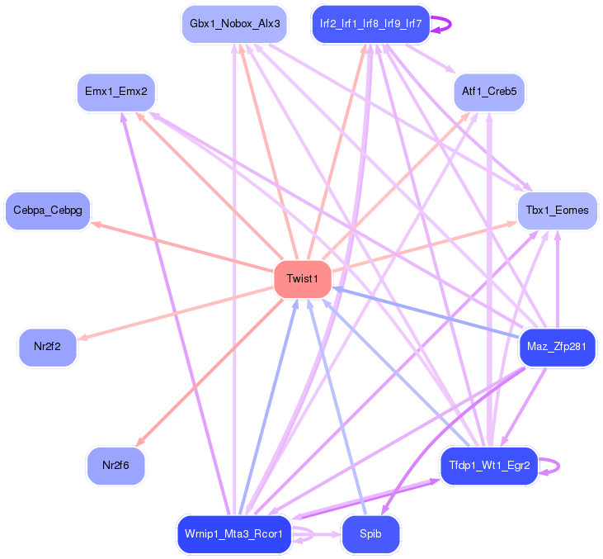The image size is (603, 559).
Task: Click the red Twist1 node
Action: pos(302,279)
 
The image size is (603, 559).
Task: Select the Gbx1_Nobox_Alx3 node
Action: pos(234,24)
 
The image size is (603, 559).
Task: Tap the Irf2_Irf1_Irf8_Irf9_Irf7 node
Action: pos(371,24)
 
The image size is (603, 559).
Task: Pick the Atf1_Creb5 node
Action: pos(489,92)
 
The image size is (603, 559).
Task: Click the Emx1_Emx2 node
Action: pos(115,92)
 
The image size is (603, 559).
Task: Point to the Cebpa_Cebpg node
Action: pos(48,211)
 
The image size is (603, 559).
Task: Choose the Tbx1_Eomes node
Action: pos(557,211)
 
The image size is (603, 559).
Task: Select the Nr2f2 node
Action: pos(48,347)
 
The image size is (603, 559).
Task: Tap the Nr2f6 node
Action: pos(115,466)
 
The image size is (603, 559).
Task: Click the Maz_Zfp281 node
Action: pos(557,347)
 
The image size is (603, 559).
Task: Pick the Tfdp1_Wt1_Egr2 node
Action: pos(489,466)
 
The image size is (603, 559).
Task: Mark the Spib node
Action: pos(370,534)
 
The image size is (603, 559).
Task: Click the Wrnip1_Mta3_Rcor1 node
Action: pos(234,534)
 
